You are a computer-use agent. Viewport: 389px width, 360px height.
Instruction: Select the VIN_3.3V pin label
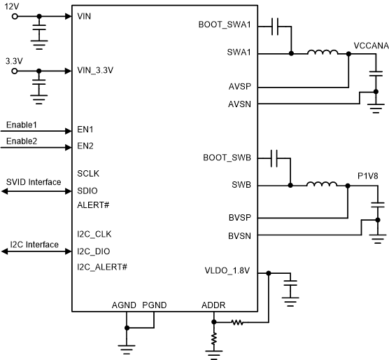tap(95, 70)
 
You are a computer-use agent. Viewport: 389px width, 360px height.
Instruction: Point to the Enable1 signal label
tap(21, 124)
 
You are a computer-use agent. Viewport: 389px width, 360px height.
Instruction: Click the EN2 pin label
tap(85, 146)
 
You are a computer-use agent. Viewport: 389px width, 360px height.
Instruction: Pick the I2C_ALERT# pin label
tap(101, 267)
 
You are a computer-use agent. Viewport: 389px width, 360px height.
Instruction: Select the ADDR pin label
tap(213, 305)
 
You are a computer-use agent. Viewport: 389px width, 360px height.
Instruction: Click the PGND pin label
tap(154, 305)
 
